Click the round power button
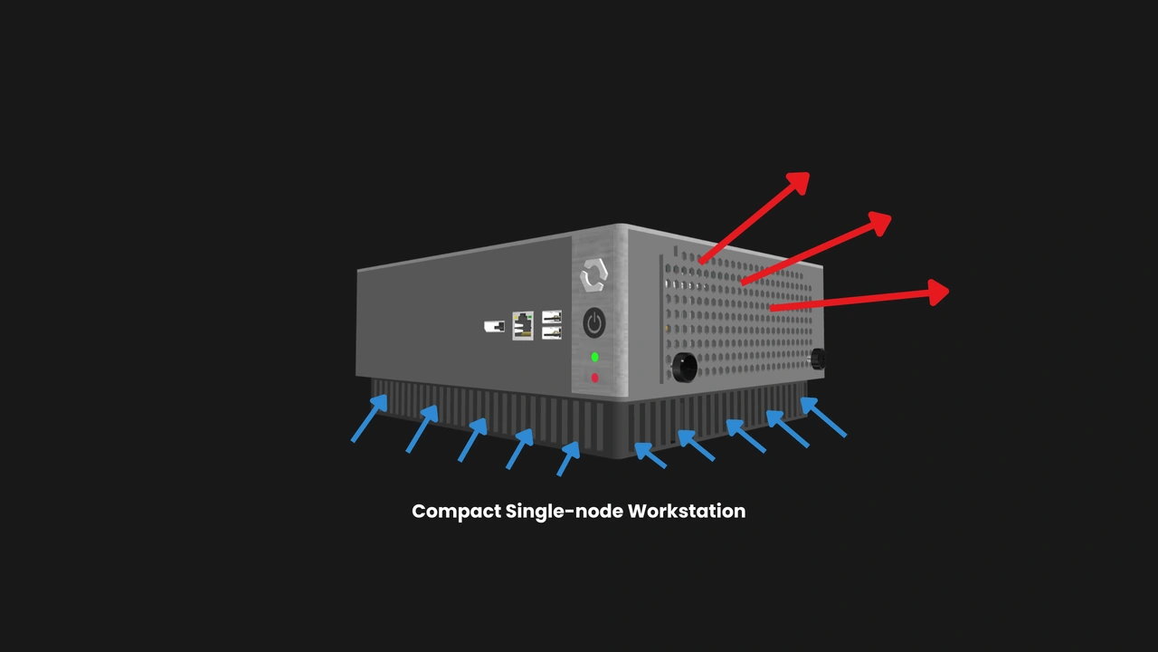click(x=594, y=323)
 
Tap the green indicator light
click(x=595, y=357)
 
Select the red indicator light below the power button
click(x=595, y=379)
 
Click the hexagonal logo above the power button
click(x=594, y=275)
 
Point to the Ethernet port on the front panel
click(x=523, y=326)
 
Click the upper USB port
click(x=552, y=316)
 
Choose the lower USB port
click(x=552, y=332)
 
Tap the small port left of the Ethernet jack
click(x=494, y=327)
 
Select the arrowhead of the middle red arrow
click(x=880, y=223)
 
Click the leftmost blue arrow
click(x=369, y=418)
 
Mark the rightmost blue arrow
click(x=823, y=417)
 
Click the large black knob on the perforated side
click(x=685, y=368)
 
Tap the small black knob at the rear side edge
click(x=818, y=359)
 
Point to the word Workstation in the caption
click(x=687, y=512)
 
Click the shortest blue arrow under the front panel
click(x=568, y=459)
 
